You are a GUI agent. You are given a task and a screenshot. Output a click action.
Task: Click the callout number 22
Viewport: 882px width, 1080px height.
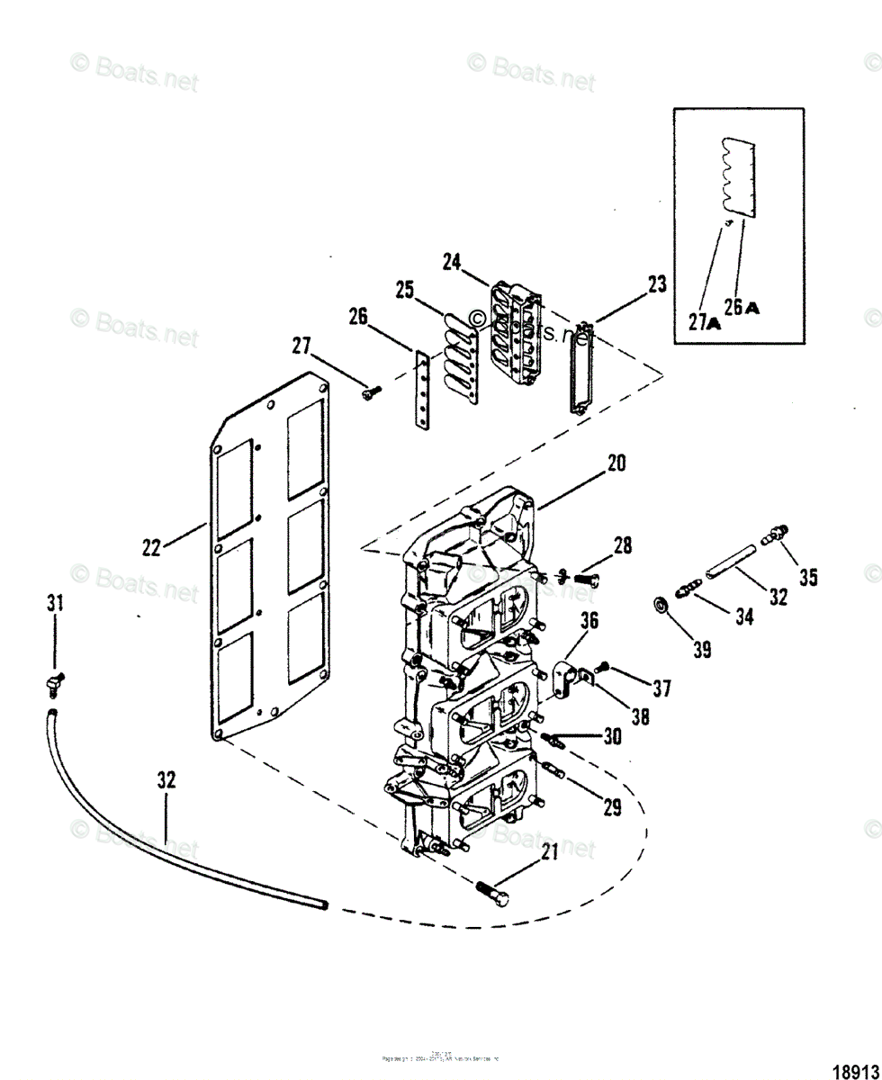[x=152, y=546]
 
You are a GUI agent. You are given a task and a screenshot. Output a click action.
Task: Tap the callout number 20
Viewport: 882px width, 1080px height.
[x=616, y=463]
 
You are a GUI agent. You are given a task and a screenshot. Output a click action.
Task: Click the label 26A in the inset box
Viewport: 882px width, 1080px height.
[x=742, y=308]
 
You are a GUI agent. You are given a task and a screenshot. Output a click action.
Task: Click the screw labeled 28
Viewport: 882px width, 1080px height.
[x=585, y=580]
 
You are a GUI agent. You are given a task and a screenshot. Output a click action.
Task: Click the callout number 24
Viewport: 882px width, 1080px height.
[x=452, y=262]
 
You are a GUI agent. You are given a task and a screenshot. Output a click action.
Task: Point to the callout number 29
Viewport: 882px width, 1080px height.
[x=612, y=807]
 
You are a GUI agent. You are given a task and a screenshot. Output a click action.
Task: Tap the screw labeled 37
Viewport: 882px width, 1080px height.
[x=604, y=667]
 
